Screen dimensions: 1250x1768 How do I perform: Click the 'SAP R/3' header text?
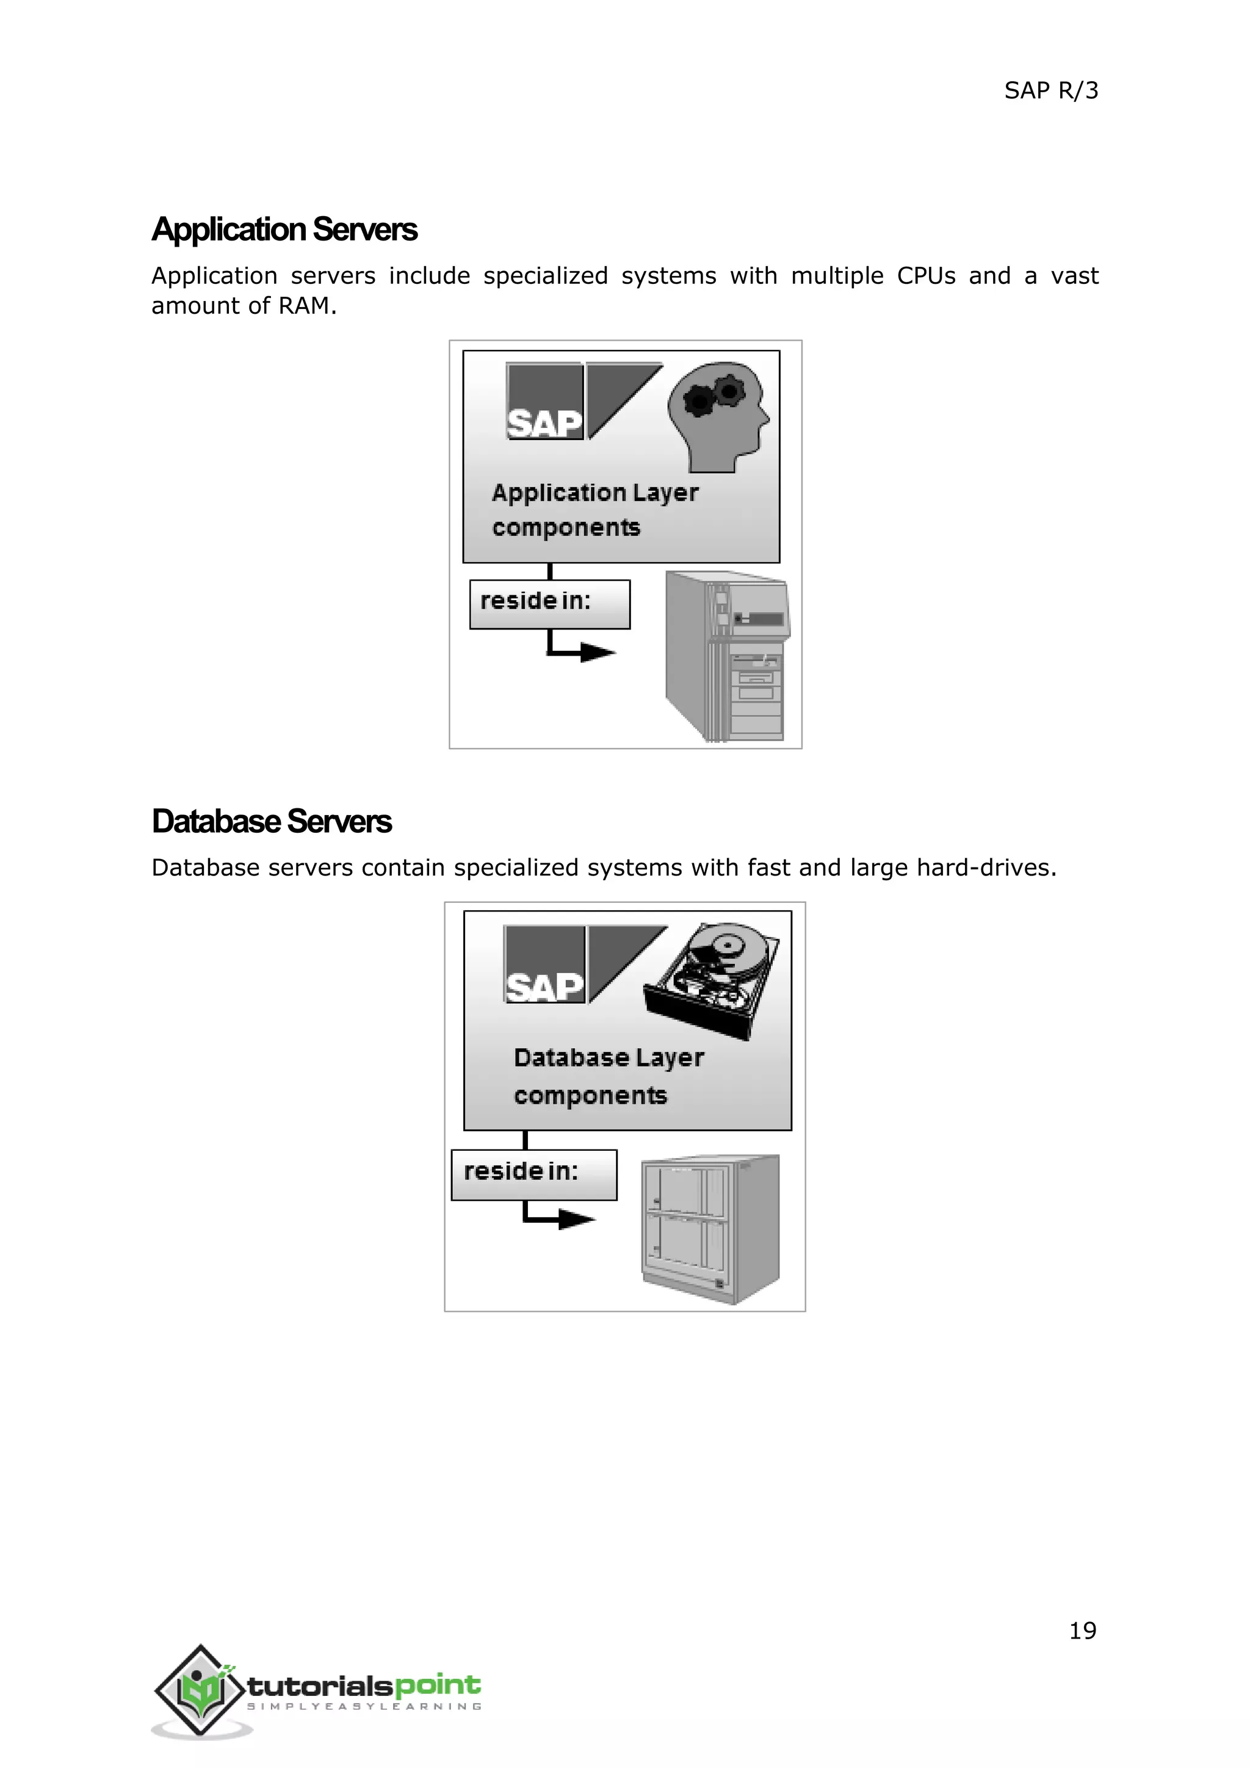[x=1050, y=91]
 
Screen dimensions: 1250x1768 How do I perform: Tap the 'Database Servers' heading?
[x=272, y=822]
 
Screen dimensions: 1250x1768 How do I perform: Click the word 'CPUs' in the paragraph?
[x=926, y=276]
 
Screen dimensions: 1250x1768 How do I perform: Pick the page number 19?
[x=1082, y=1630]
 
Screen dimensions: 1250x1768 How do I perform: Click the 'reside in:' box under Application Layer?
[x=549, y=604]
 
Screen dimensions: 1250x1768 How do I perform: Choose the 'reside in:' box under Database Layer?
[x=533, y=1175]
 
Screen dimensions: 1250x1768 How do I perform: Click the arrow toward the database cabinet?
[x=560, y=1218]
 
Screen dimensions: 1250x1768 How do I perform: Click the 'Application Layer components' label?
[x=595, y=510]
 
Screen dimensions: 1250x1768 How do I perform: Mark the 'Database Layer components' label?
[x=608, y=1076]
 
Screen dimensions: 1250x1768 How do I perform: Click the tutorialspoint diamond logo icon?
[x=200, y=1689]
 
